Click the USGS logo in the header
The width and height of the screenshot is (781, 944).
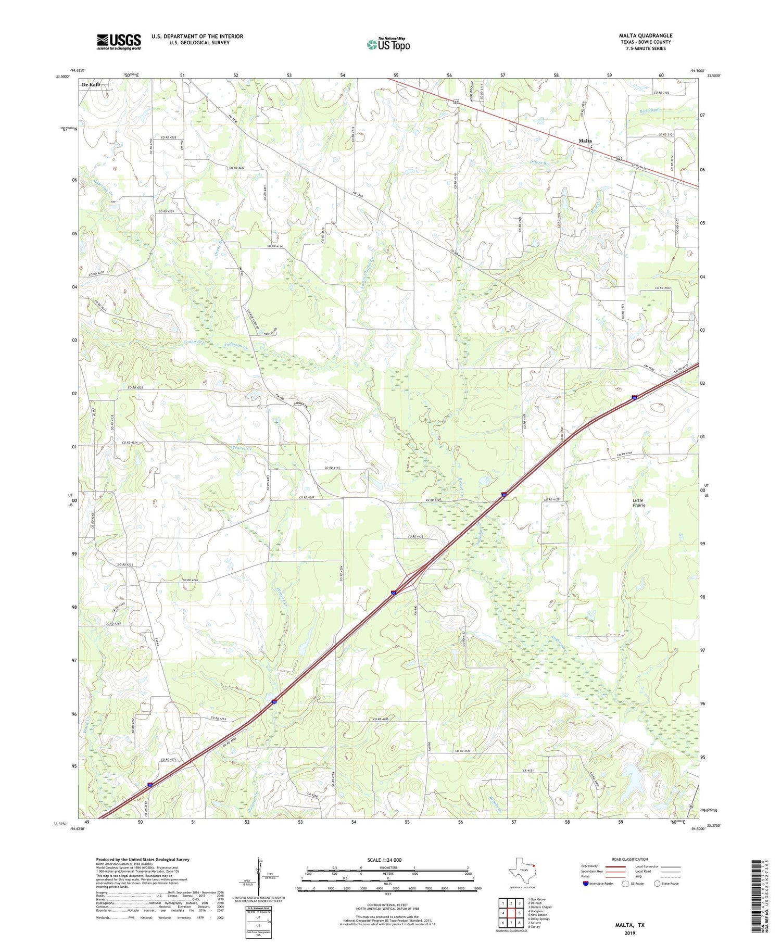tap(119, 42)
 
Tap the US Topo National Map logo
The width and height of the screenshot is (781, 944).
tap(388, 44)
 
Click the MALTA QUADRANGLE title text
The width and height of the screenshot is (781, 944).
tap(646, 35)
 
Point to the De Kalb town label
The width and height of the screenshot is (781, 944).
tap(91, 84)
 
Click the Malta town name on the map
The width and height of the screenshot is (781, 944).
tap(585, 141)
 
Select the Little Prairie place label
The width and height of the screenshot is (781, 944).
tap(639, 502)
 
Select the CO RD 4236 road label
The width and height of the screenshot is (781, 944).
tap(190, 580)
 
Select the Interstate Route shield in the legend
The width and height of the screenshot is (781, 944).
tap(586, 884)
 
